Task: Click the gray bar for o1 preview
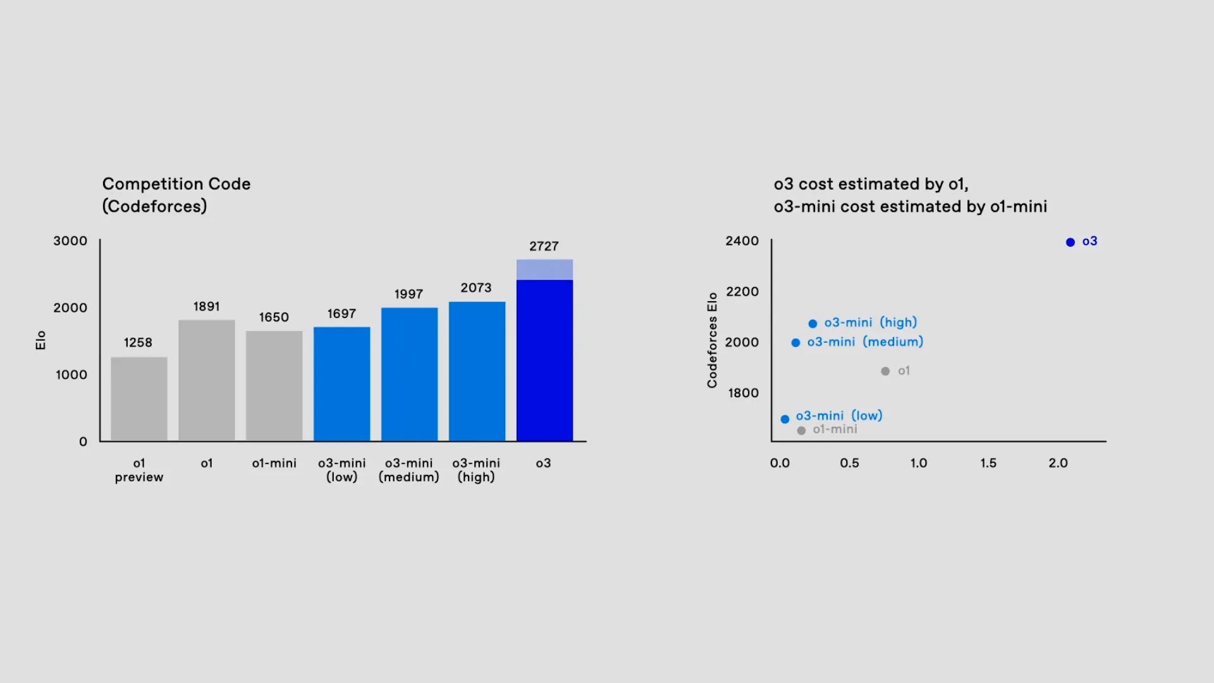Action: pyautogui.click(x=139, y=399)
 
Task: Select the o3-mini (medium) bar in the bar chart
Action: pyautogui.click(x=409, y=374)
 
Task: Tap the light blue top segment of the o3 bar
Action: pyautogui.click(x=544, y=269)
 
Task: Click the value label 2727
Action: pyautogui.click(x=544, y=246)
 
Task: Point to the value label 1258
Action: pyautogui.click(x=138, y=343)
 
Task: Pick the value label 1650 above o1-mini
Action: pyautogui.click(x=274, y=317)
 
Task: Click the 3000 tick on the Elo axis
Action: pyautogui.click(x=70, y=241)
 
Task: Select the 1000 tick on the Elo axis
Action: pyautogui.click(x=71, y=375)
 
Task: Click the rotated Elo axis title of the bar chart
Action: pyautogui.click(x=40, y=340)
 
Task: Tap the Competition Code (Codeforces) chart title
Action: pyautogui.click(x=176, y=195)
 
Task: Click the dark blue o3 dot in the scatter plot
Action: pyautogui.click(x=1070, y=242)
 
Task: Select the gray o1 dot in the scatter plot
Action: pyautogui.click(x=885, y=371)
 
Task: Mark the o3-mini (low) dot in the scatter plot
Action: pyautogui.click(x=785, y=419)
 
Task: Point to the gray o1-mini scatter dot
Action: pyautogui.click(x=801, y=431)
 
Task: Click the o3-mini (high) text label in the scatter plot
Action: pyautogui.click(x=871, y=323)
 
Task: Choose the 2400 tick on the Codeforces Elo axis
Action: pyautogui.click(x=742, y=241)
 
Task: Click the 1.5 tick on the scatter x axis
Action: pyautogui.click(x=988, y=463)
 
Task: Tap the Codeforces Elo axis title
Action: pyautogui.click(x=713, y=340)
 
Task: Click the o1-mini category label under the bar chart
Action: pyautogui.click(x=274, y=463)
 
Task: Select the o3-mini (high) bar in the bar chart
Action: pyautogui.click(x=477, y=371)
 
